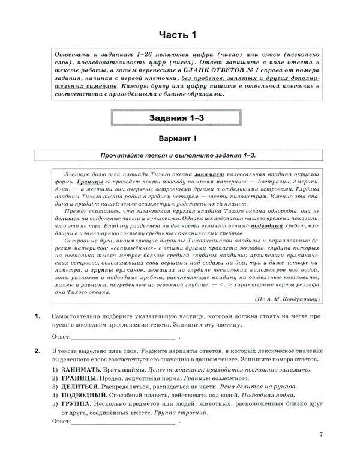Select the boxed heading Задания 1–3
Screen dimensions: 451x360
[x=180, y=118]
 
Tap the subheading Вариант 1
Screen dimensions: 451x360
[x=180, y=140]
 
